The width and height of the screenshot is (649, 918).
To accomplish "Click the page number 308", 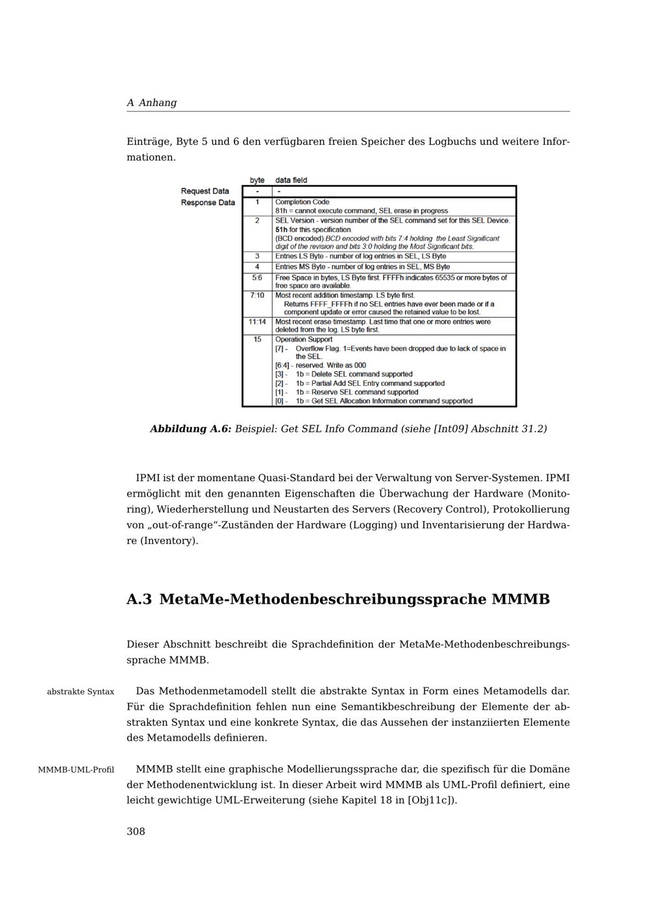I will [x=136, y=832].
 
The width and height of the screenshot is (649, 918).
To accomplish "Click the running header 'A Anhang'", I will [x=151, y=103].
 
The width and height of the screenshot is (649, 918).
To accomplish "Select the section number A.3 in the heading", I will [x=139, y=599].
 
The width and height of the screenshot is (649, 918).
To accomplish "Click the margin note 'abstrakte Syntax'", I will [x=80, y=692].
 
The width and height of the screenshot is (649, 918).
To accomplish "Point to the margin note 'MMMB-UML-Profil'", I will [x=76, y=770].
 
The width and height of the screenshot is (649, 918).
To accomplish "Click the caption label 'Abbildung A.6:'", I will [x=191, y=429].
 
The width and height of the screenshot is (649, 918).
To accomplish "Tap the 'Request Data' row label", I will [x=204, y=191].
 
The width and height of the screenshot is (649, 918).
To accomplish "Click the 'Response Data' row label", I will [x=208, y=203].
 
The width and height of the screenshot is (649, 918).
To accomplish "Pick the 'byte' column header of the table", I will [x=257, y=180].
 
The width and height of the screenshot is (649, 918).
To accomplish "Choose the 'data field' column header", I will [x=291, y=180].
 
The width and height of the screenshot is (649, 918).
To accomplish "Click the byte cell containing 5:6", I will [x=257, y=278].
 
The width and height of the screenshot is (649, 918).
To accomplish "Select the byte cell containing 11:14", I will [x=257, y=322].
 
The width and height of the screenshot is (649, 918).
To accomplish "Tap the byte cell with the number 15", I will [x=257, y=340].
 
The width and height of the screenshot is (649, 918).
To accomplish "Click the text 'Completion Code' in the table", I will [x=302, y=202].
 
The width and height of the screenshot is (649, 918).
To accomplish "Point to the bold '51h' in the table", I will [x=281, y=230].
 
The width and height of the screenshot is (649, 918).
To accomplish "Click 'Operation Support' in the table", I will [x=303, y=340].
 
